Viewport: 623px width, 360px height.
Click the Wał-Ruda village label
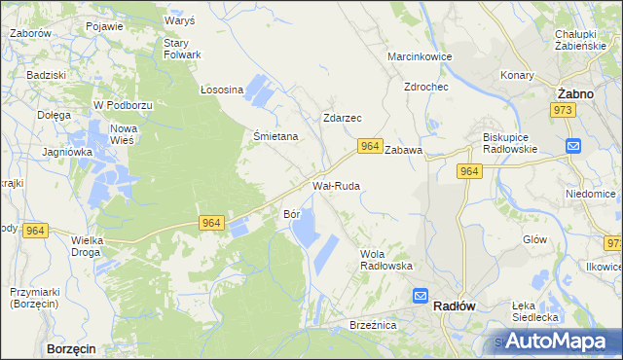point(336,184)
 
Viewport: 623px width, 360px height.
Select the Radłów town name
point(453,305)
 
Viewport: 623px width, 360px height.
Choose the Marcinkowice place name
point(420,56)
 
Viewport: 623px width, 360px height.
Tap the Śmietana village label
point(275,136)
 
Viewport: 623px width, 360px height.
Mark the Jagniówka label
point(67,152)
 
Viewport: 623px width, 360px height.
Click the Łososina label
point(221,89)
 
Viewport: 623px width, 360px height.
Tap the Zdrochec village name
point(425,86)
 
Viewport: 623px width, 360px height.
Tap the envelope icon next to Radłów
point(420,296)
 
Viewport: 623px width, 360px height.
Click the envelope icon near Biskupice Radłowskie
point(573,146)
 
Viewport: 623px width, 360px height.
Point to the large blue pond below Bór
point(305,231)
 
